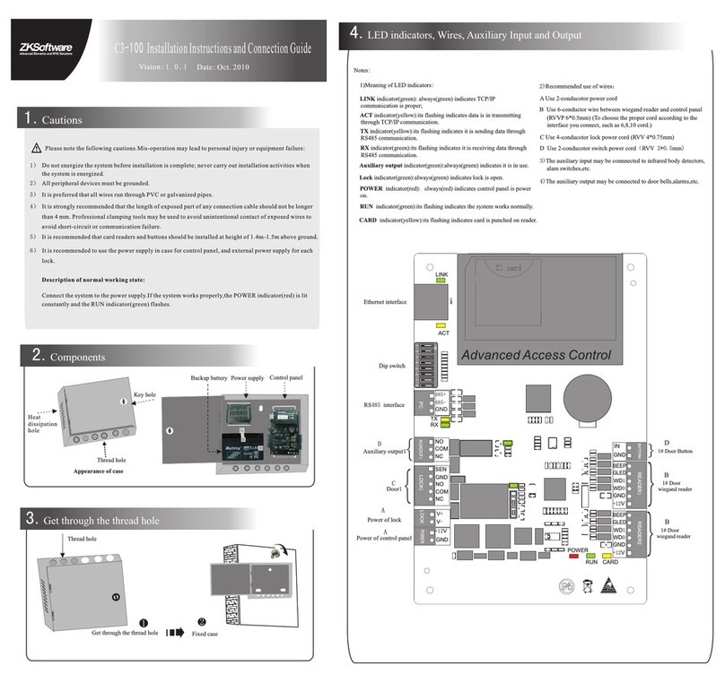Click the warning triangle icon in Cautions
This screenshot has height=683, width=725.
pos(35,148)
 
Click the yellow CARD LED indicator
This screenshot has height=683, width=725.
pos(607,555)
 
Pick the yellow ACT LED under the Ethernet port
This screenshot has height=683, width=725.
pos(441,324)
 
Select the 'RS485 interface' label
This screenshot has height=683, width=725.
pos(383,405)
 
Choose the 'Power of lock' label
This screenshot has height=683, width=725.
pos(384,520)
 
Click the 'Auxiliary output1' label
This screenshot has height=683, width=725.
pos(383,452)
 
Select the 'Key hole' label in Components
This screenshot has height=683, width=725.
pos(144,394)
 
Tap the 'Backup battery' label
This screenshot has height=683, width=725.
pos(208,378)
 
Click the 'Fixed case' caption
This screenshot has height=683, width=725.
pos(205,634)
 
